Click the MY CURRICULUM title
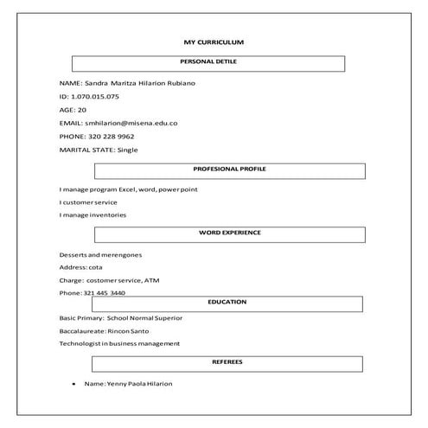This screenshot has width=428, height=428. point(214,42)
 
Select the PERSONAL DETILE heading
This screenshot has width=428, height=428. point(208,62)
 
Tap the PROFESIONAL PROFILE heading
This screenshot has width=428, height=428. point(229,169)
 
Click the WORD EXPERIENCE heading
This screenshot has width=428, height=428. point(229,233)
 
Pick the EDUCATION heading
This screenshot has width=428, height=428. point(227,302)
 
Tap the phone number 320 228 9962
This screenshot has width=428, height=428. point(111,136)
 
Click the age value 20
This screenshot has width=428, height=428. point(82,110)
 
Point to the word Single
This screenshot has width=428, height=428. point(127,150)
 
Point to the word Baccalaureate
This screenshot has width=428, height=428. point(82,330)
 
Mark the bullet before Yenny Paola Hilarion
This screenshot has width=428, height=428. point(74,383)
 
